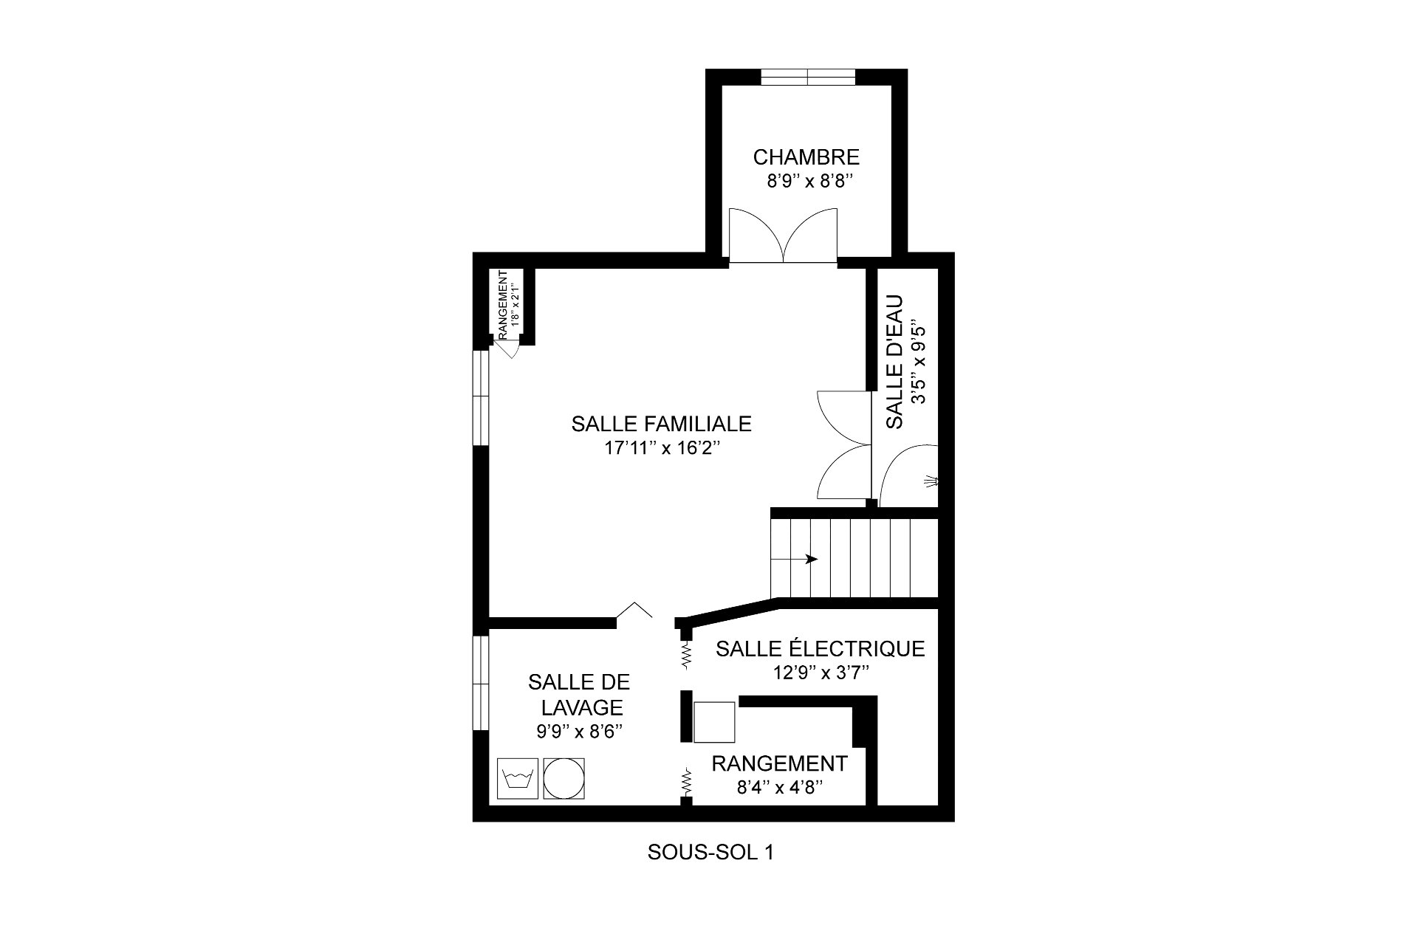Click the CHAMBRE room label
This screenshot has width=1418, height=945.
tap(806, 157)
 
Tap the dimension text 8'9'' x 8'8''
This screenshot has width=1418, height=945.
tap(809, 182)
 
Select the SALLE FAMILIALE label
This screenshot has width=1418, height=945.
tap(661, 424)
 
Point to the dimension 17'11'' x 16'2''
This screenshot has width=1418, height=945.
tap(661, 448)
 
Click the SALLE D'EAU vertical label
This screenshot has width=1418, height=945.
tap(895, 362)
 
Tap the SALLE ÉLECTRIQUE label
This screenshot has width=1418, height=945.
tap(820, 649)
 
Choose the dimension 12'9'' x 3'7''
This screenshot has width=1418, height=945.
tap(820, 673)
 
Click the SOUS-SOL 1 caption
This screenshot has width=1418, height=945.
tap(710, 853)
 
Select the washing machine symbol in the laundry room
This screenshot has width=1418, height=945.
tap(518, 778)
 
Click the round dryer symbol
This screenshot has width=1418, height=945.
tap(564, 778)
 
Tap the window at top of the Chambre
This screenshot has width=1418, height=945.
tap(809, 78)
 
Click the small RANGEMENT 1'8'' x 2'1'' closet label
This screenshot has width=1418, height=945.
tap(507, 305)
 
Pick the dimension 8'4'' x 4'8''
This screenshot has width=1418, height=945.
tap(780, 788)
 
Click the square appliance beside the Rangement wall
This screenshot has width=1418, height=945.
tap(714, 722)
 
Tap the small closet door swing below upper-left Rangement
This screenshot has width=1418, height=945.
tap(508, 352)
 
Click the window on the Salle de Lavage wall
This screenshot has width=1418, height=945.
tap(481, 684)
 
